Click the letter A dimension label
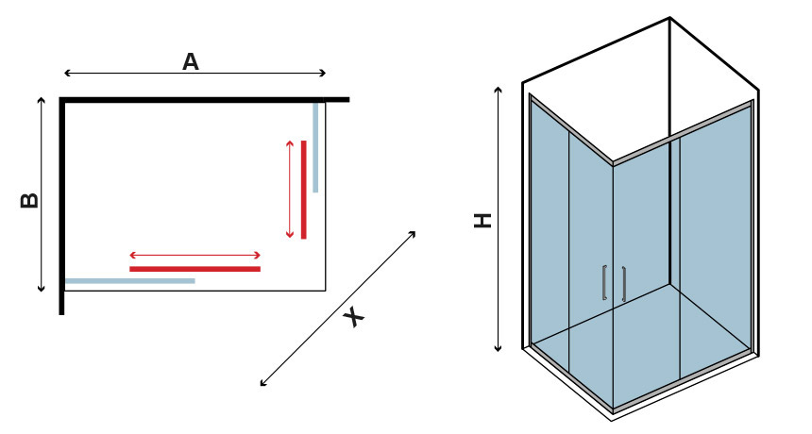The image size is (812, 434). (x=191, y=61)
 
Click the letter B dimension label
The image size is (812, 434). (x=29, y=201)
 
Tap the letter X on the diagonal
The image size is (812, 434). (x=354, y=317)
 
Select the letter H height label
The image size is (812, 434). (x=482, y=221)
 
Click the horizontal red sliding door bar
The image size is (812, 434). (x=195, y=269)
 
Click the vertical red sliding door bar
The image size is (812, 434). (x=303, y=190)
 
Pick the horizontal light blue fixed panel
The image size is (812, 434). (x=130, y=281)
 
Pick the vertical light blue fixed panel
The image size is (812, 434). (x=315, y=147)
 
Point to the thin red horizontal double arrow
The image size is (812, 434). (x=195, y=255)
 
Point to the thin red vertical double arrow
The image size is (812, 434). (x=290, y=190)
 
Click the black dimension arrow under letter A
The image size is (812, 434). (x=195, y=73)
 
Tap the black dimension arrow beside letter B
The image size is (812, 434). (x=42, y=194)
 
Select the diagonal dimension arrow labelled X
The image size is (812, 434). (x=338, y=309)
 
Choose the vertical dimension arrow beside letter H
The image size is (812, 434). (x=499, y=219)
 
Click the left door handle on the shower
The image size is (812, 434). (x=604, y=282)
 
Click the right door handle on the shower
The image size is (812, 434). (x=623, y=284)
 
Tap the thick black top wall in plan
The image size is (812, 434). (x=205, y=100)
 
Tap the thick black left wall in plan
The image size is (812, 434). (x=61, y=206)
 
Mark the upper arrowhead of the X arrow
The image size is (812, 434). (x=413, y=234)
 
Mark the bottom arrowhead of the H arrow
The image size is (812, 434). (x=499, y=349)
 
